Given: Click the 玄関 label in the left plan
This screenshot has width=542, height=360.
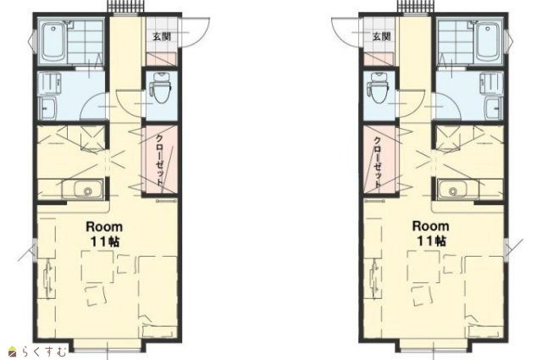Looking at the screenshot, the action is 162,36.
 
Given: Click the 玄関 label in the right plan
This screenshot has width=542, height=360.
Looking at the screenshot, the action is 382,36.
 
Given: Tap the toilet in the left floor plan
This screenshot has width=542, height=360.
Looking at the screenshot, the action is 162,87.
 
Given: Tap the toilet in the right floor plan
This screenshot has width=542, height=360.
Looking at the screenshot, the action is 380,87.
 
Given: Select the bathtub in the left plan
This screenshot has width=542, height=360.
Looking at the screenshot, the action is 53,42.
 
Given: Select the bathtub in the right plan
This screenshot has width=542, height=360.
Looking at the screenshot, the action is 489,42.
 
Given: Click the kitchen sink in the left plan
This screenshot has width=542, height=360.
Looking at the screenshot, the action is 83,189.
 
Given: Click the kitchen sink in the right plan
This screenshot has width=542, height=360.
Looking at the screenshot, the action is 457,189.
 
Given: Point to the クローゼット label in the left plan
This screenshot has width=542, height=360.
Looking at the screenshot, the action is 159,159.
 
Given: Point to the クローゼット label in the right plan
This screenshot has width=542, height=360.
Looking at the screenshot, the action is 378,159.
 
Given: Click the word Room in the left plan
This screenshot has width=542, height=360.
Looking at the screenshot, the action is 104,227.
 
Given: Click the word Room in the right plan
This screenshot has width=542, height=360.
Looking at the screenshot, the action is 431,226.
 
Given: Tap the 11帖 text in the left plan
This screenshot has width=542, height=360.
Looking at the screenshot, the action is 105,241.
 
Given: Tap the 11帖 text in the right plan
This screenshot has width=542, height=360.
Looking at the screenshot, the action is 431,241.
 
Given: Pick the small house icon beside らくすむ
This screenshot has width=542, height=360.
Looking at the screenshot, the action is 13,352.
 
